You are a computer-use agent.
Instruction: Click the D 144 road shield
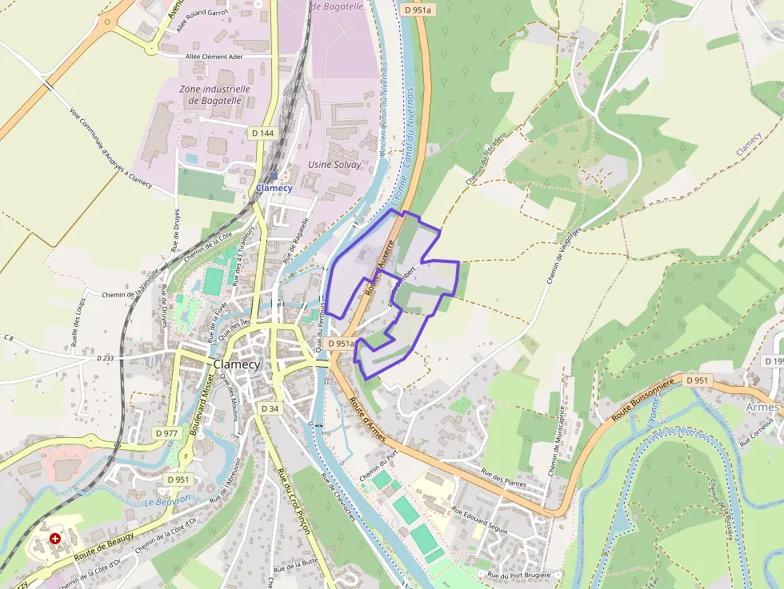262,133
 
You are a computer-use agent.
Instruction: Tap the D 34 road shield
270,408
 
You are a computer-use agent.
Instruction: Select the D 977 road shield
166,432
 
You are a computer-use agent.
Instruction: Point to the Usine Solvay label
334,165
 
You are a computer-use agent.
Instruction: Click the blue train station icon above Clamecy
274,177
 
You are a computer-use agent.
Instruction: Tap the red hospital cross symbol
55,539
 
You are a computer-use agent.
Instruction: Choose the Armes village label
762,408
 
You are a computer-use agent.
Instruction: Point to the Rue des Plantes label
503,478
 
